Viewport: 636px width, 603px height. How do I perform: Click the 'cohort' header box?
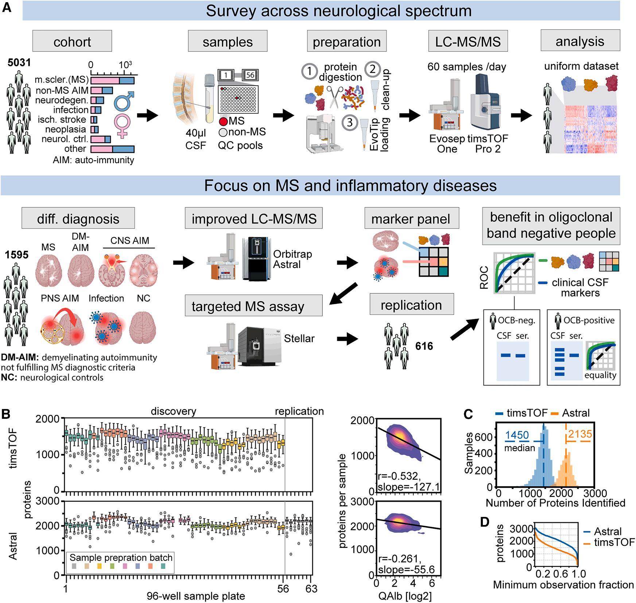(x=72, y=42)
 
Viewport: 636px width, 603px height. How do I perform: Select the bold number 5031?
(x=19, y=62)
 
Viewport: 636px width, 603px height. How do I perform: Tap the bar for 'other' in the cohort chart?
(x=112, y=149)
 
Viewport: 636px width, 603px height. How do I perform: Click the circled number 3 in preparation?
(x=349, y=122)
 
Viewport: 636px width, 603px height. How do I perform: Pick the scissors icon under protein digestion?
(x=335, y=97)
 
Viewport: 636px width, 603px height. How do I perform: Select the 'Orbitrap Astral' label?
(x=292, y=259)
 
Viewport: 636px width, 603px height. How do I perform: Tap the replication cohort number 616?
(x=424, y=346)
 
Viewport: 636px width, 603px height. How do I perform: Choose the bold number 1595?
(x=16, y=254)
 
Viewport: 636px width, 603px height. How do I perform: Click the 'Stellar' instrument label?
(x=299, y=339)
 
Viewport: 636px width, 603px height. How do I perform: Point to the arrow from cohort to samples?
(x=148, y=116)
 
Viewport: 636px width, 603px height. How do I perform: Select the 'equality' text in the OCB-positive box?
(x=600, y=375)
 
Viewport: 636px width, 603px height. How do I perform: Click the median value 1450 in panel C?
(x=517, y=435)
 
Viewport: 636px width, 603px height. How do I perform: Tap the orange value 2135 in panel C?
(x=580, y=434)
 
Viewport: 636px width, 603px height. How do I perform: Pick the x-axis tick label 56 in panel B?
(x=283, y=588)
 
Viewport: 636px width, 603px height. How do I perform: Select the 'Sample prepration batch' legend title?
(x=121, y=557)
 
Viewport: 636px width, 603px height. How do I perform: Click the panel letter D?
(x=484, y=522)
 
